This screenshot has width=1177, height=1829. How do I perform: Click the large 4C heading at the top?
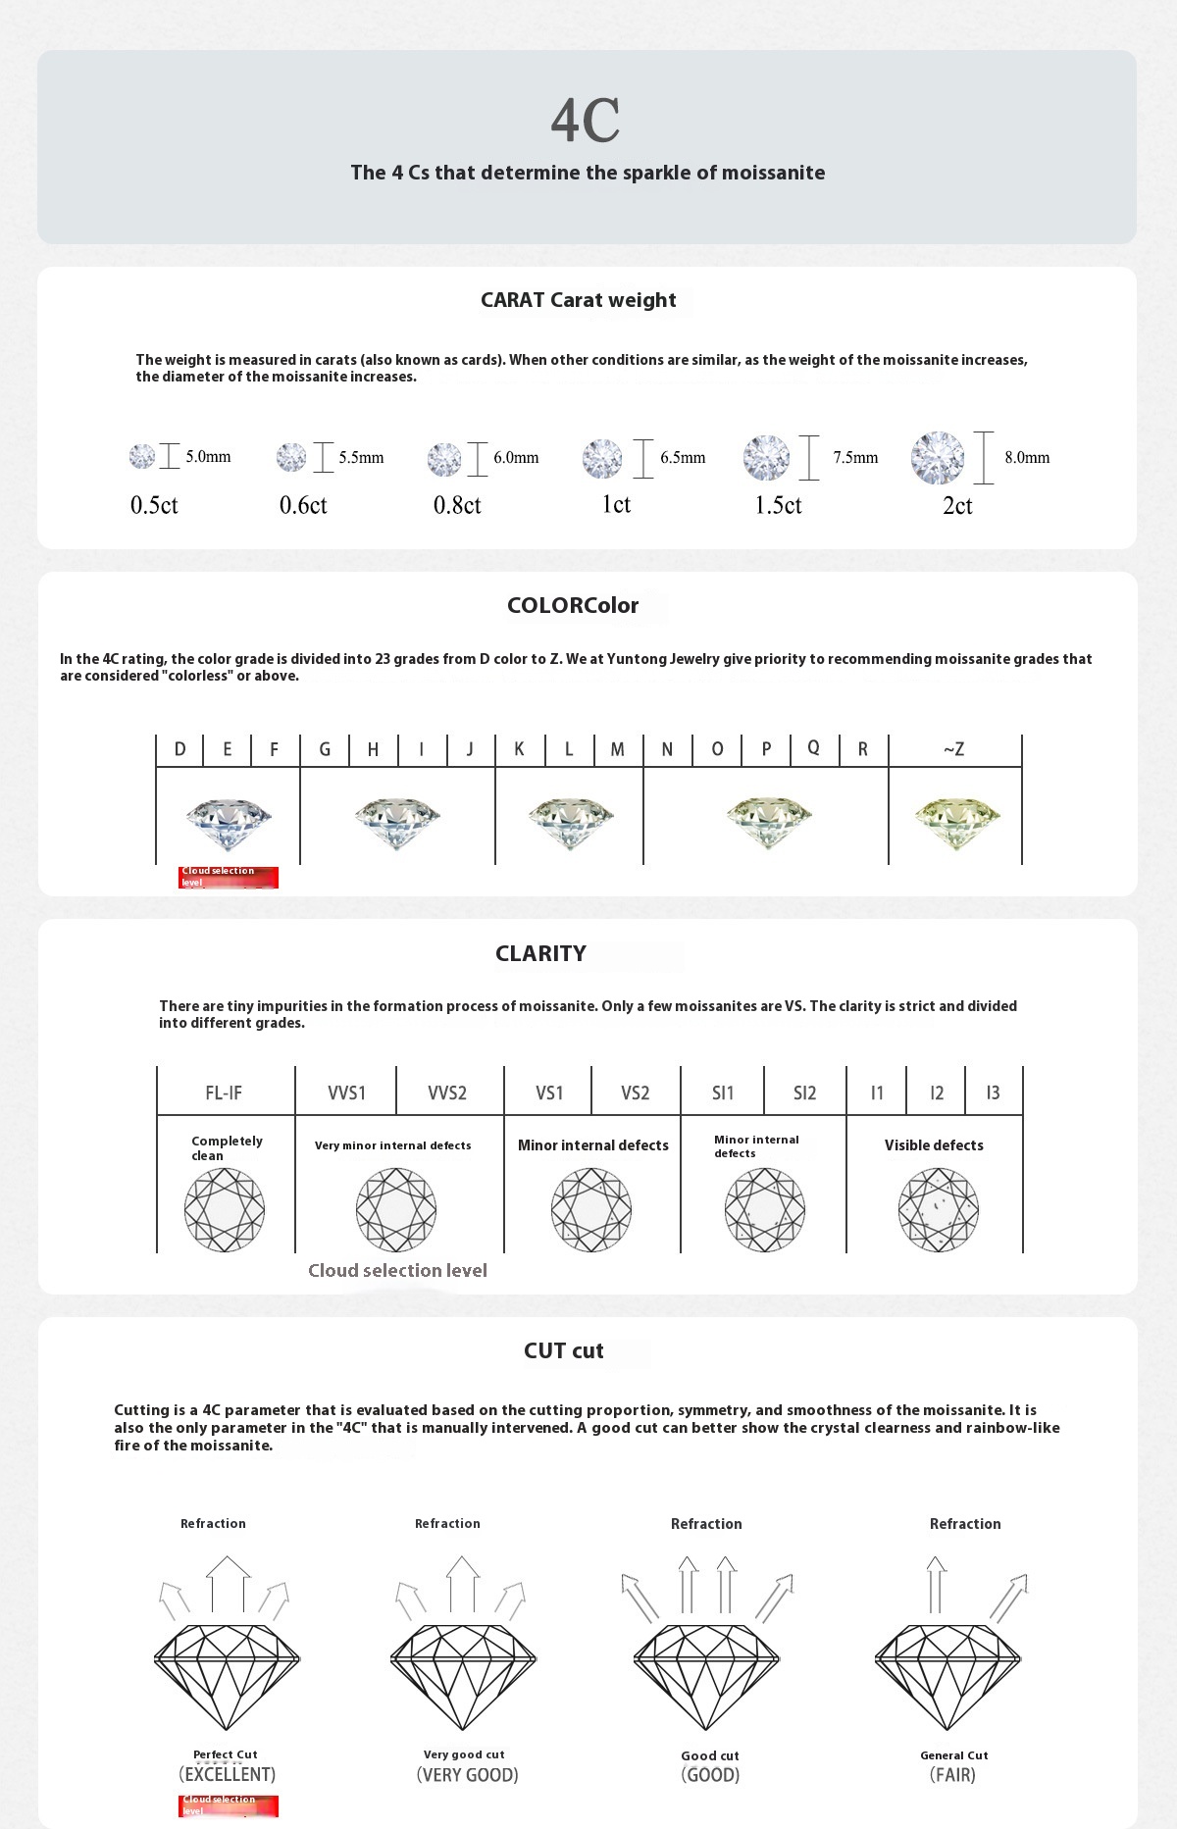(x=586, y=121)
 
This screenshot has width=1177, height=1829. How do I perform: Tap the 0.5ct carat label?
(x=154, y=505)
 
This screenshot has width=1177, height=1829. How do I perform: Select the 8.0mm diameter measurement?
(x=1027, y=457)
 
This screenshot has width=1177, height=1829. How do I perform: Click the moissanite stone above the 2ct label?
(x=938, y=458)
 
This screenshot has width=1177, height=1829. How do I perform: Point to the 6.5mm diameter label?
(x=683, y=457)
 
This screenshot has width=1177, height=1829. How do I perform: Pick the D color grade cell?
(x=179, y=749)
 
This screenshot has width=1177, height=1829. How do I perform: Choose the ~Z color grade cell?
(x=954, y=749)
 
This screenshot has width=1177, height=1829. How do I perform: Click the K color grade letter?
(x=519, y=749)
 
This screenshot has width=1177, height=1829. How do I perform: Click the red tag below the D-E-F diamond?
(x=229, y=877)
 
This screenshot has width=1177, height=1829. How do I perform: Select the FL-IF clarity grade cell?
(x=224, y=1092)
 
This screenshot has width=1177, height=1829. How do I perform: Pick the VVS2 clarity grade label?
(x=447, y=1092)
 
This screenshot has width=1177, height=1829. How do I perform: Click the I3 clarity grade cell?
(x=993, y=1092)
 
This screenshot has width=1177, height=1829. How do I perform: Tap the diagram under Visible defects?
(x=938, y=1209)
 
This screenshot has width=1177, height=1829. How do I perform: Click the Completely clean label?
(x=227, y=1147)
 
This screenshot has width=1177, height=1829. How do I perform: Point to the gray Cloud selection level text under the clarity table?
(x=397, y=1270)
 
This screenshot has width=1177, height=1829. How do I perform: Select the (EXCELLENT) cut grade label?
(x=227, y=1774)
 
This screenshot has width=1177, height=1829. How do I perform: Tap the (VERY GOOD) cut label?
(x=467, y=1774)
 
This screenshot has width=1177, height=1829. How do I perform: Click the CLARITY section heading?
(x=540, y=953)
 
